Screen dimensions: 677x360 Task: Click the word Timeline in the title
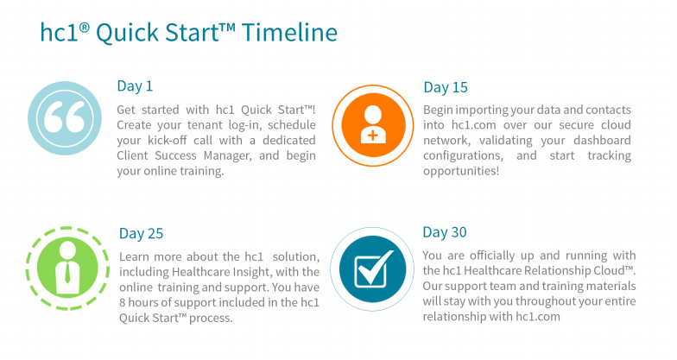coord(289,33)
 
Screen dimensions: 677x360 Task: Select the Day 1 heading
coord(135,86)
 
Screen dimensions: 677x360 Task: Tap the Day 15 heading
coord(446,87)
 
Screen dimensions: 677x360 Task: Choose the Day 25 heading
coord(142,233)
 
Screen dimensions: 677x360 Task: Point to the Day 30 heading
coord(445,232)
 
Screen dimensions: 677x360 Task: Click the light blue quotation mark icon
coord(65,118)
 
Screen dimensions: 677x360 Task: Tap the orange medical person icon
coord(373,125)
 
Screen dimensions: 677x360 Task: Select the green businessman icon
coord(67,268)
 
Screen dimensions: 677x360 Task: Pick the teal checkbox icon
coord(372,269)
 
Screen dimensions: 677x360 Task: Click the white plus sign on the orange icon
coord(373,136)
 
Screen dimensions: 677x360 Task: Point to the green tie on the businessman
coord(67,273)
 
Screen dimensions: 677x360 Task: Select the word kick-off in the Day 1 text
coord(180,140)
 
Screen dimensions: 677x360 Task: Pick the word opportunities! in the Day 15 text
coord(461,171)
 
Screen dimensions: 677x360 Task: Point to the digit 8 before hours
coord(123,302)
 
